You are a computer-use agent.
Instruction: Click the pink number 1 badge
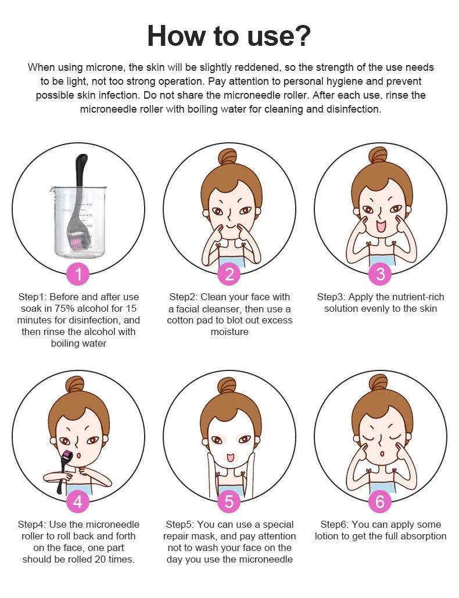(x=78, y=274)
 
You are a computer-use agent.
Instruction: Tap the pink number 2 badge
(x=229, y=274)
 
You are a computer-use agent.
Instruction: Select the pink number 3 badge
(x=381, y=274)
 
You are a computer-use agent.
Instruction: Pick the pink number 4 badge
(x=78, y=501)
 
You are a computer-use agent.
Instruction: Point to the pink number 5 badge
(x=229, y=501)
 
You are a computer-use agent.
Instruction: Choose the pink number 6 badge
(x=380, y=501)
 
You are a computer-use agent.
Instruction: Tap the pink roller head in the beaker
(x=75, y=242)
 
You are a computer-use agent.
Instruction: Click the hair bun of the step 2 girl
(x=228, y=157)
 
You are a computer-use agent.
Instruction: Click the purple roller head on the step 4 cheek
(x=69, y=455)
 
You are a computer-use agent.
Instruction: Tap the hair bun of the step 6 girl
(x=378, y=383)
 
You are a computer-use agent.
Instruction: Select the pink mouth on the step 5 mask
(x=229, y=457)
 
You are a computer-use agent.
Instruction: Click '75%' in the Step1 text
(x=64, y=308)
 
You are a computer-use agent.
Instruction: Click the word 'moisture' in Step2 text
(x=229, y=332)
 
